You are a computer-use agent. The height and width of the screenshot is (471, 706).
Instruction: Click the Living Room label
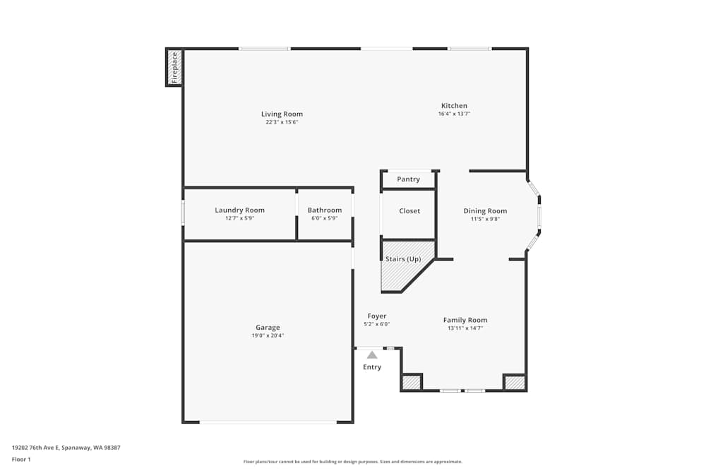point(282,114)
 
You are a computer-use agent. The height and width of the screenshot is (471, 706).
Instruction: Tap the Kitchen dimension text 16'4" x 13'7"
point(454,114)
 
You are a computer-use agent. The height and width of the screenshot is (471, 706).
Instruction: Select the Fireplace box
point(174,67)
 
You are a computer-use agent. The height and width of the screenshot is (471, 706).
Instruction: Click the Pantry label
point(408,179)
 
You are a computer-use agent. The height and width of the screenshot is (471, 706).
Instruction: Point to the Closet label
point(409,211)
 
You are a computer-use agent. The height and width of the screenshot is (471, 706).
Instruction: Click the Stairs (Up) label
point(403,259)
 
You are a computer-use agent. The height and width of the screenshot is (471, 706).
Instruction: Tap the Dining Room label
point(485,211)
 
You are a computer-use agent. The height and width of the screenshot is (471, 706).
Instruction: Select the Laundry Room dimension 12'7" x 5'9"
point(239,218)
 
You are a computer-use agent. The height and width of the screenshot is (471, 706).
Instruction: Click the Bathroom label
point(325,210)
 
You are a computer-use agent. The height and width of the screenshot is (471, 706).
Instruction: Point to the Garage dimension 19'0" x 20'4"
point(268,335)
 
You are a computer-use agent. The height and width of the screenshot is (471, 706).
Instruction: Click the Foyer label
point(377,316)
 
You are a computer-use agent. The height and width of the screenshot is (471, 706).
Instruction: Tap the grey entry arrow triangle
point(372,354)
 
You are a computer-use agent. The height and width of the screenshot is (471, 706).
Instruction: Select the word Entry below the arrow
point(372,367)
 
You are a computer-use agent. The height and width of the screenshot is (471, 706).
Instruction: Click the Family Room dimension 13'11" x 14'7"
point(465,328)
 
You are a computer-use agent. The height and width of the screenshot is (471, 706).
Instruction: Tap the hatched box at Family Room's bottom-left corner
point(411,383)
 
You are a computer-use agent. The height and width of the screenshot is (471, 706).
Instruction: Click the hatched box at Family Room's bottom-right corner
point(515,383)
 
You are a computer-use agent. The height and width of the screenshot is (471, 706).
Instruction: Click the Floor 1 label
point(21,459)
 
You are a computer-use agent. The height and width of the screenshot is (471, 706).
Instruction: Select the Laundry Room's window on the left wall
point(183,212)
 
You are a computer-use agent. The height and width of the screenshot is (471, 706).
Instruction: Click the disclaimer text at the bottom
point(353,462)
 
